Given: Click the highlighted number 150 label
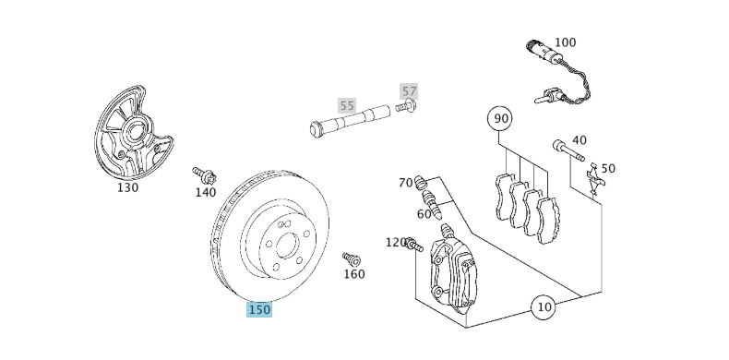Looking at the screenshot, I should click(x=259, y=309).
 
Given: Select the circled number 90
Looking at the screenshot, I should click(x=501, y=118).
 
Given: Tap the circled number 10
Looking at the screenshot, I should click(x=544, y=306).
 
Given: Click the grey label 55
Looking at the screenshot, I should click(x=346, y=105).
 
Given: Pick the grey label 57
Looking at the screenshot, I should click(x=409, y=91).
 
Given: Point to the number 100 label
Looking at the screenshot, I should click(x=565, y=42).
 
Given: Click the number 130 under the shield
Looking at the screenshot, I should click(x=127, y=187).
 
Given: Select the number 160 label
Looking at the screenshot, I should click(x=353, y=274).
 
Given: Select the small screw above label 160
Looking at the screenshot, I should click(x=351, y=259).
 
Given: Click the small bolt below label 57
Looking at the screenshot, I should click(x=406, y=107).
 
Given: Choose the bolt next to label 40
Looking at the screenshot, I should click(x=568, y=150).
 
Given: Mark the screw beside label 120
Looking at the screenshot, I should click(x=413, y=245).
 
